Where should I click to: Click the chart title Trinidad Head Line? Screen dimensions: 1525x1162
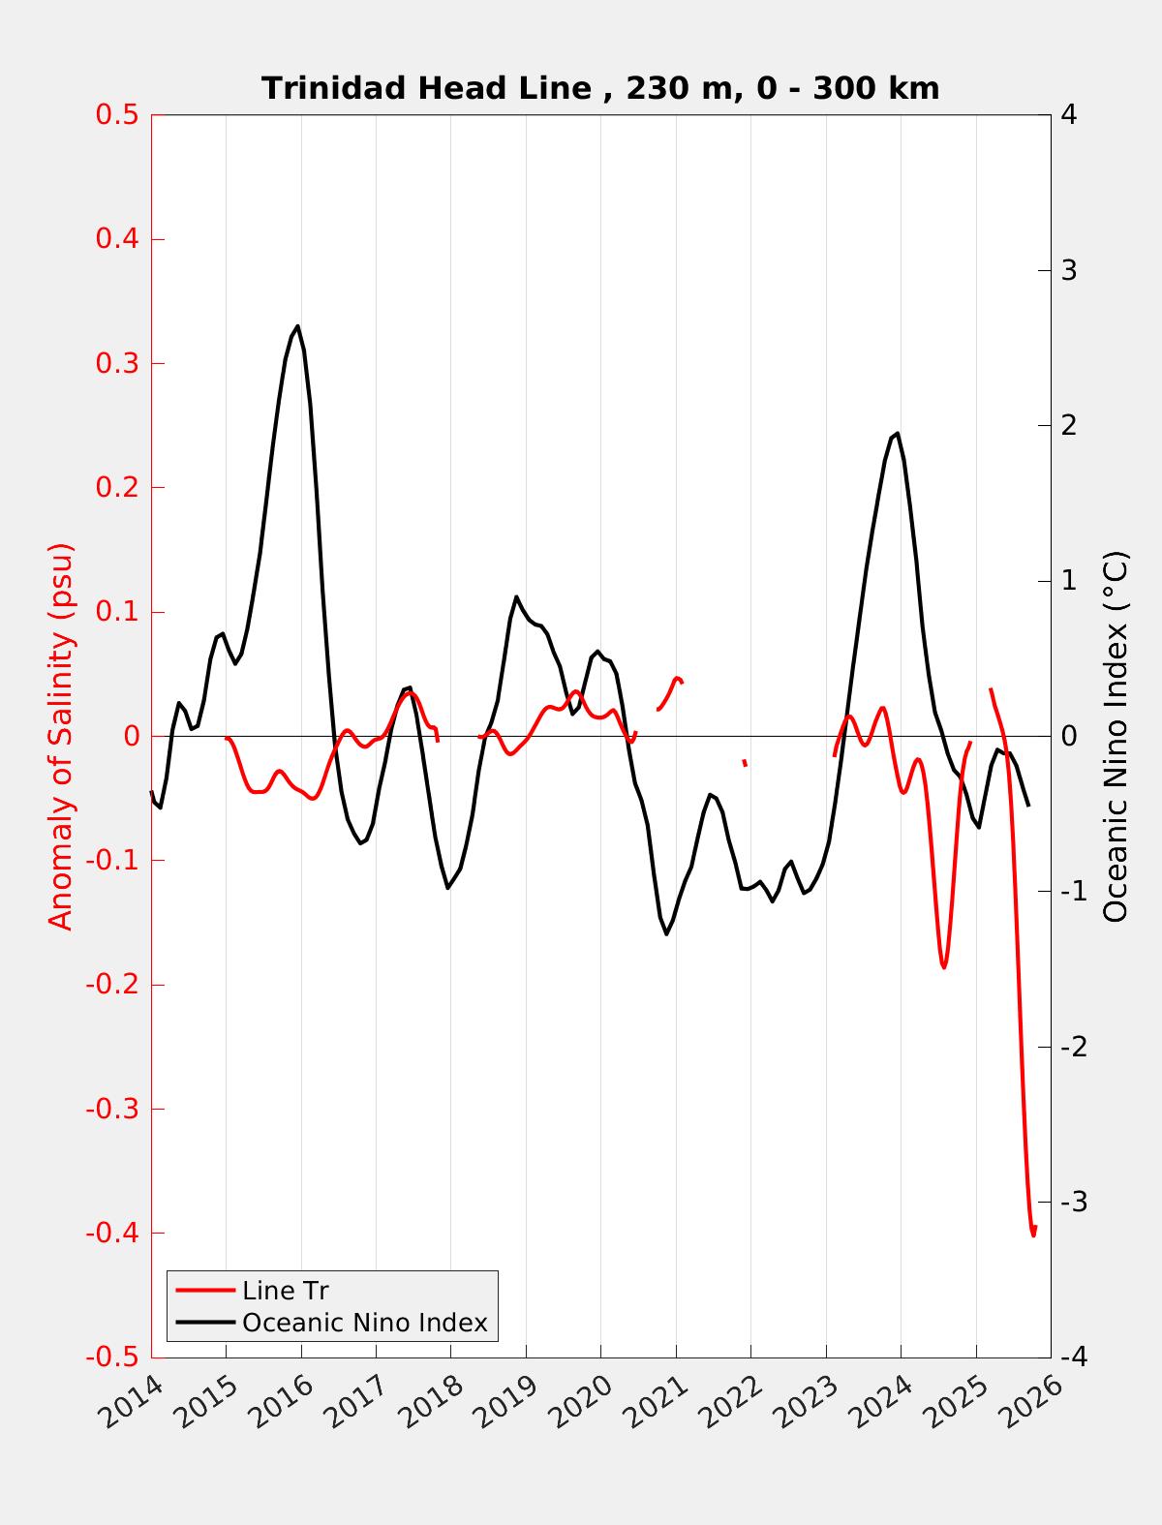(600, 89)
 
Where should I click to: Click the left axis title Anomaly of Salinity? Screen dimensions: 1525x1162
(61, 736)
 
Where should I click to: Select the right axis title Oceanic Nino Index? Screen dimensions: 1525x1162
(1116, 736)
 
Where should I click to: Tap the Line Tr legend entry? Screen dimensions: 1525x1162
(286, 1291)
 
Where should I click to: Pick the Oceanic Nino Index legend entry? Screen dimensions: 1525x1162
(364, 1323)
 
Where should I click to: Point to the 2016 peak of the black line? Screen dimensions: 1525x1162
(297, 326)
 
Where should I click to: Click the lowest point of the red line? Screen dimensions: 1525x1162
(1033, 1235)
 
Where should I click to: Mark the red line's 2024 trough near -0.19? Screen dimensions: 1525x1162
(943, 966)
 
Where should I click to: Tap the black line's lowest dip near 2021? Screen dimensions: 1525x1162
(667, 933)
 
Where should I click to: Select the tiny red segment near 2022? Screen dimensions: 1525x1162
(745, 763)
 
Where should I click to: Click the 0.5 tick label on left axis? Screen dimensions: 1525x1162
(117, 115)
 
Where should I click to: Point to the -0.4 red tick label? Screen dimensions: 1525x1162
(112, 1233)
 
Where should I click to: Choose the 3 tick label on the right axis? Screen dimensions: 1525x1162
(1069, 270)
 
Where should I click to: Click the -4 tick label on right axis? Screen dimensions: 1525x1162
(1073, 1357)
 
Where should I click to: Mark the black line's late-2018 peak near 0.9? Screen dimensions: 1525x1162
(516, 596)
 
